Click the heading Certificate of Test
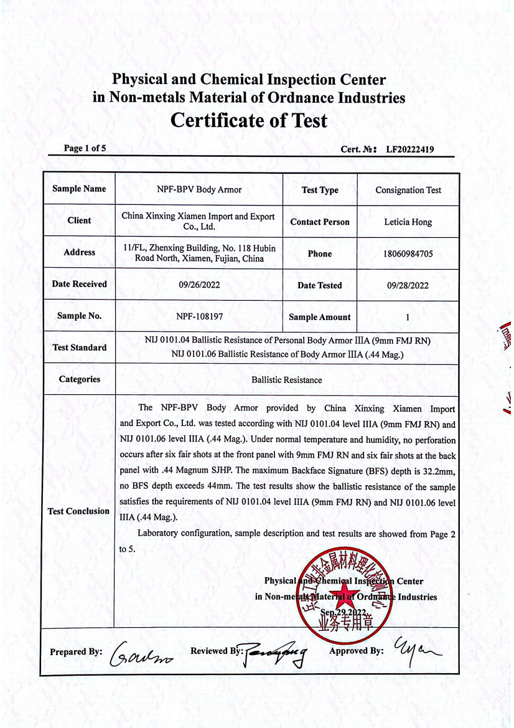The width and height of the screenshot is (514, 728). point(248,120)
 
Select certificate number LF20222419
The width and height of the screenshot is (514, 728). point(409,149)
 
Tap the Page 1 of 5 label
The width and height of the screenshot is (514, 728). point(85,148)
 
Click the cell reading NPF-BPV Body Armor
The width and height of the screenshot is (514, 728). point(199,189)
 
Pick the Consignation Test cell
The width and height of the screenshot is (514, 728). point(408,190)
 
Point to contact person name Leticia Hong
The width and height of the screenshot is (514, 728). point(408,222)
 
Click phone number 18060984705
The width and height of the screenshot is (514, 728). point(408,254)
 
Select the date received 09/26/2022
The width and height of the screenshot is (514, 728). point(199,285)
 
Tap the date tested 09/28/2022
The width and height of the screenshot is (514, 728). point(408,286)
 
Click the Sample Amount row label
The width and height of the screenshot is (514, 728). point(320,317)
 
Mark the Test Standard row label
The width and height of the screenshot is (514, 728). point(79,347)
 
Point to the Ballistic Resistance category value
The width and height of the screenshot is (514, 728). point(287,379)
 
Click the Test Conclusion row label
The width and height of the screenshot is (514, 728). point(78,511)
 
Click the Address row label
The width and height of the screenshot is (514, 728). point(79,252)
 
